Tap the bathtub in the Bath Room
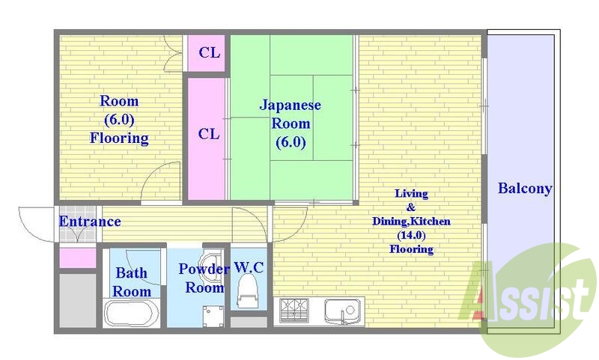click(x=132, y=313)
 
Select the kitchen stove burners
click(x=294, y=311)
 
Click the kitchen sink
click(x=342, y=311)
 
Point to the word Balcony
click(x=525, y=189)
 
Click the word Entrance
click(x=90, y=222)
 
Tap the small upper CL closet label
click(x=210, y=52)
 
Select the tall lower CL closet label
click(x=209, y=134)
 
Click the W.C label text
click(x=249, y=268)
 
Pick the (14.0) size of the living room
click(x=411, y=235)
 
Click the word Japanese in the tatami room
click(x=290, y=106)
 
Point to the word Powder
click(x=204, y=269)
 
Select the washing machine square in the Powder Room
click(x=213, y=316)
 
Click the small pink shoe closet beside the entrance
click(x=78, y=258)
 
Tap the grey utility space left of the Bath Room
click(x=78, y=300)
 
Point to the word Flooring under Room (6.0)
click(x=119, y=138)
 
